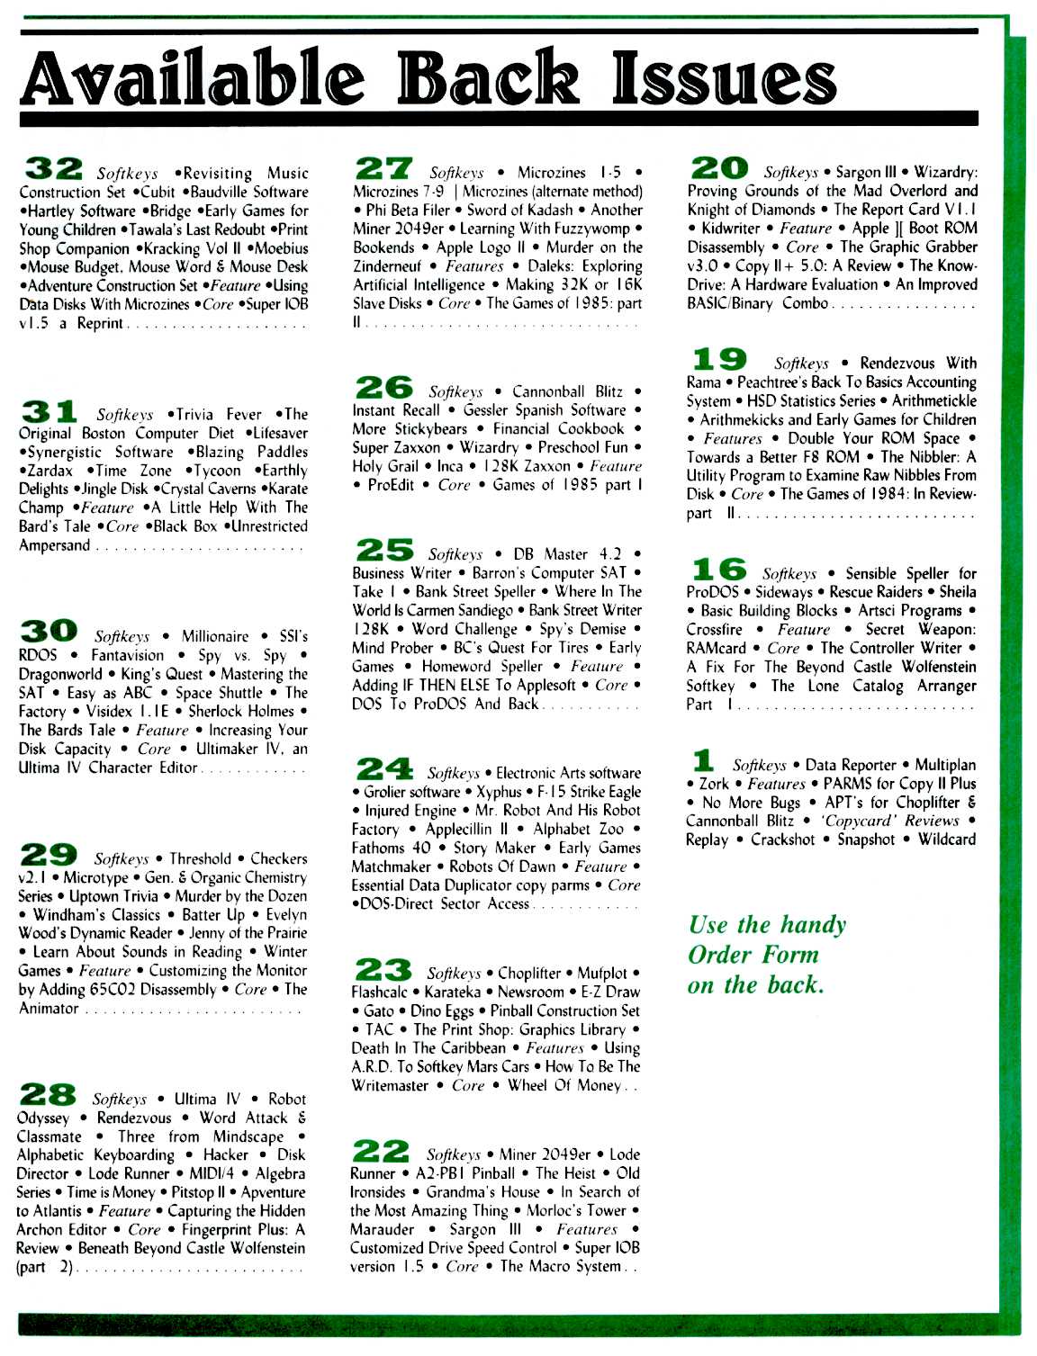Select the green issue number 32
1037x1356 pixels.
[53, 166]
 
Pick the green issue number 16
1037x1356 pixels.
[717, 568]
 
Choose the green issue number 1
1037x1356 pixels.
[705, 759]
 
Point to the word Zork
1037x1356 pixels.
[714, 784]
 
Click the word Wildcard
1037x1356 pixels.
[946, 840]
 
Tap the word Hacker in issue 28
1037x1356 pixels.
[225, 1154]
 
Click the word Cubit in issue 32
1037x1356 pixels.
[158, 192]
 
